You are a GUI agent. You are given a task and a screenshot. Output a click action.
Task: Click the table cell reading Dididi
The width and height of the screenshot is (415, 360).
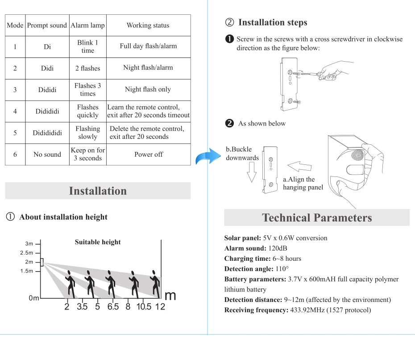[x=47, y=90]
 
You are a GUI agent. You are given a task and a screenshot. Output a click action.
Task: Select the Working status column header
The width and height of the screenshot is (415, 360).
[x=148, y=25]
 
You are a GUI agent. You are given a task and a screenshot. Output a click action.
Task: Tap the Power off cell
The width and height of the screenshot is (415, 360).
[x=148, y=155]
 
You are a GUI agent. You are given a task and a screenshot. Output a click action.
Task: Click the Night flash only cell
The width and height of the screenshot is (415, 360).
[x=148, y=90]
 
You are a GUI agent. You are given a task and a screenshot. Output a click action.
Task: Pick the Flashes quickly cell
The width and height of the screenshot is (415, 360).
[x=88, y=111]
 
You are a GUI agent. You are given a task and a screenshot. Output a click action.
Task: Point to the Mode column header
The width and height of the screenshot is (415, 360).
[x=15, y=25]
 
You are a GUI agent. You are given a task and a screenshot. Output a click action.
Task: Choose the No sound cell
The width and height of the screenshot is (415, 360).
[x=47, y=155]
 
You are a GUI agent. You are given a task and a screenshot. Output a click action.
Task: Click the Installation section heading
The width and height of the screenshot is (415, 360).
[x=98, y=191]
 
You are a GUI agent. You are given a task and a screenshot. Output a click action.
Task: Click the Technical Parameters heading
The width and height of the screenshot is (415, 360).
[x=317, y=218]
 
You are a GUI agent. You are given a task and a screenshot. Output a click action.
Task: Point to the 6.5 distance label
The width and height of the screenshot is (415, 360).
[x=113, y=307]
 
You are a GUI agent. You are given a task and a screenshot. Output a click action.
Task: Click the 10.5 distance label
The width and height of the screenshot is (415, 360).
[x=144, y=307]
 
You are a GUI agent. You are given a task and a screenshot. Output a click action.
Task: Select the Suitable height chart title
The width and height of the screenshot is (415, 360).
[x=98, y=242]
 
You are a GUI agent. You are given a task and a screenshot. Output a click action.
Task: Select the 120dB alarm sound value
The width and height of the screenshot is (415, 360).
[x=278, y=248]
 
